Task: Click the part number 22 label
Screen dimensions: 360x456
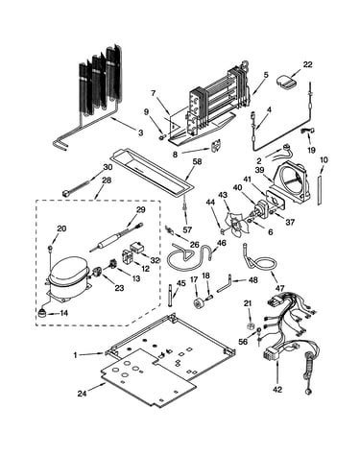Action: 307,64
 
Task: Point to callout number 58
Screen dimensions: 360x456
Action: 198,161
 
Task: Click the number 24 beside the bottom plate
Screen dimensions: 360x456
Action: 82,394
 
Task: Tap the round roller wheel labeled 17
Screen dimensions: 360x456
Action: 200,302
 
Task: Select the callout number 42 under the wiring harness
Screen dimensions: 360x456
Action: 277,390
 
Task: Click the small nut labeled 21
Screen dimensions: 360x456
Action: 252,326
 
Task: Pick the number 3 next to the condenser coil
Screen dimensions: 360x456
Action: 140,132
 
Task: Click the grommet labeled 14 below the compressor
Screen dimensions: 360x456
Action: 41,312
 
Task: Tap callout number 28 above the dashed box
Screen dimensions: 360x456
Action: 107,180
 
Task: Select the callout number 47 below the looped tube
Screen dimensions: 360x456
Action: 279,289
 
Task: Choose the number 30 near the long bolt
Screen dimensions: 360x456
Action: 108,167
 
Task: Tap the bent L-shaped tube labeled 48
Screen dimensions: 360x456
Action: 225,284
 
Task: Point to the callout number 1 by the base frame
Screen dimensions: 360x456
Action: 76,355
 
